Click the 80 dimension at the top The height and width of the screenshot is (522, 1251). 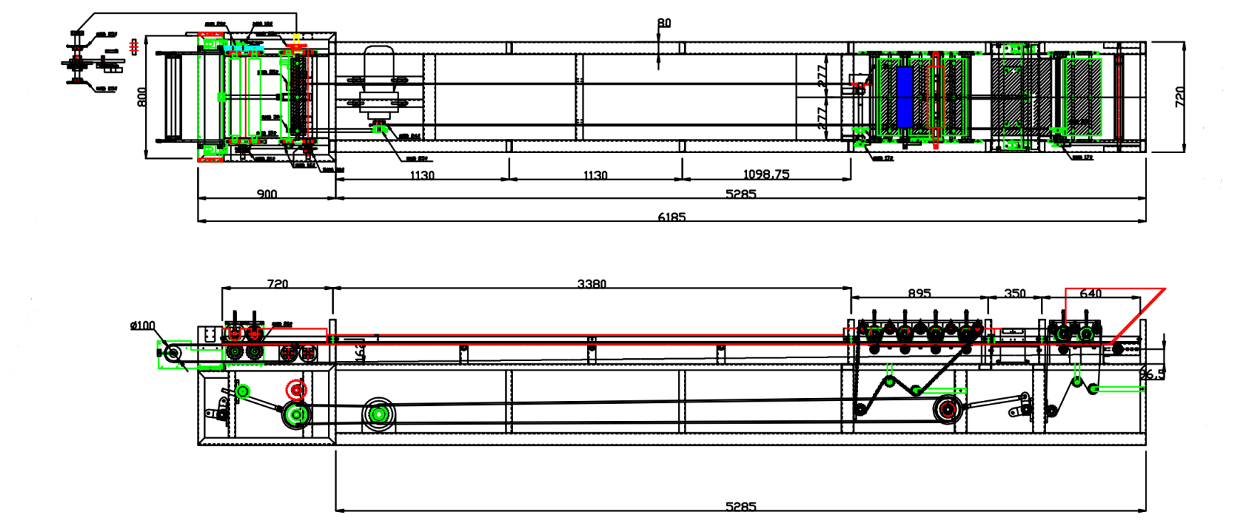(x=664, y=23)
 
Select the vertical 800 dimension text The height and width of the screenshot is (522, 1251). (x=142, y=97)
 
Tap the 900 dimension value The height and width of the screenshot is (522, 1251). (x=267, y=194)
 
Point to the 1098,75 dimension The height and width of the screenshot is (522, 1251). (x=766, y=174)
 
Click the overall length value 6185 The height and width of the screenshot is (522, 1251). (x=671, y=216)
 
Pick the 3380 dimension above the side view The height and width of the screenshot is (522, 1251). (x=591, y=283)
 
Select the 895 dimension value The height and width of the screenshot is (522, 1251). (x=919, y=293)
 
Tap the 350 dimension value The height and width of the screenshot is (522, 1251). (x=1015, y=293)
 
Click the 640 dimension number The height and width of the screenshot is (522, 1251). (x=1091, y=293)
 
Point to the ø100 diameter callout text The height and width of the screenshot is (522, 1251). (x=142, y=325)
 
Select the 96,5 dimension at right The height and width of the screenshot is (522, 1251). (x=1152, y=374)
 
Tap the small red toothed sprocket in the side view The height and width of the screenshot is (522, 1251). (x=296, y=390)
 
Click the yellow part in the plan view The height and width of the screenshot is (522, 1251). (x=297, y=37)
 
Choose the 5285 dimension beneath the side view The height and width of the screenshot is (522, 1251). (x=741, y=506)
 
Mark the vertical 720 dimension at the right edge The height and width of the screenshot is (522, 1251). (x=1180, y=97)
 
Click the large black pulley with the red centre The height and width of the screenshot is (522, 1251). (x=946, y=409)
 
